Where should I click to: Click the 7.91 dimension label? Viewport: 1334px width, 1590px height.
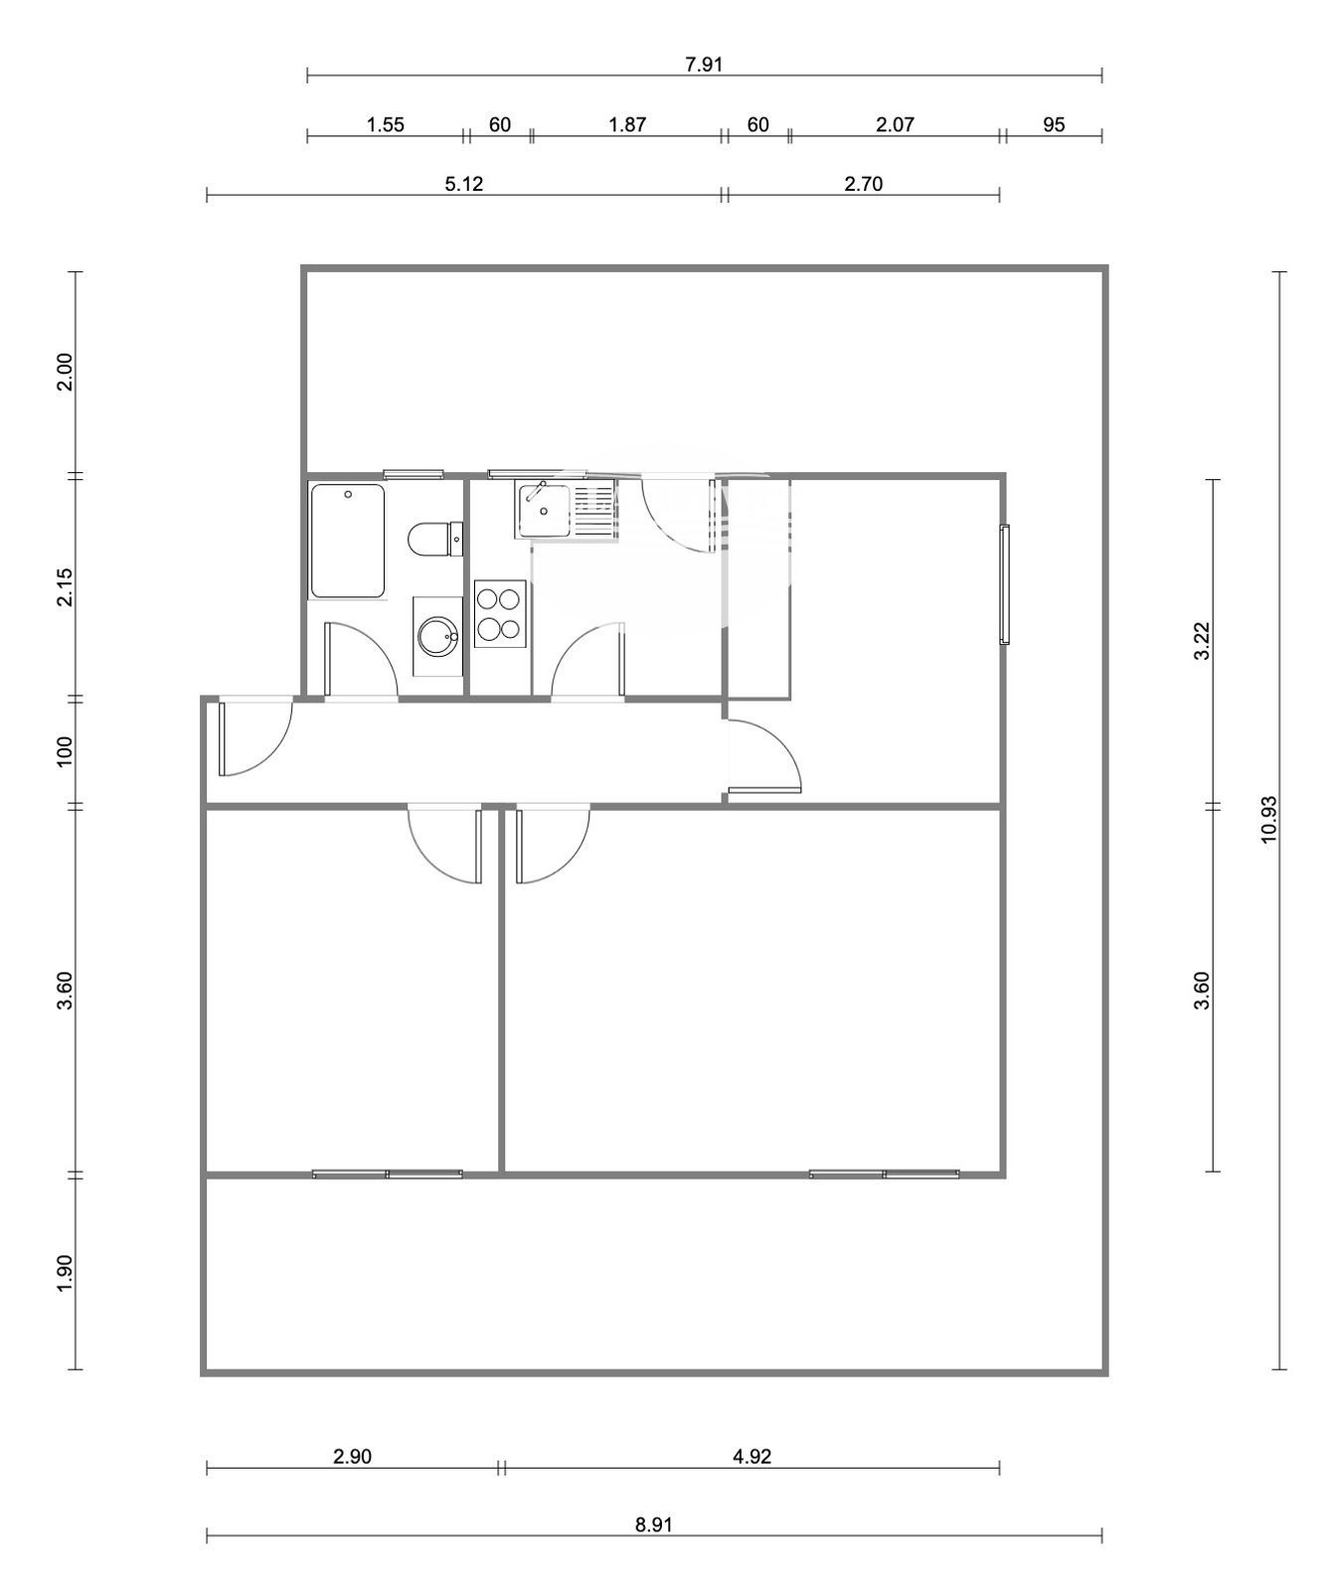[704, 65]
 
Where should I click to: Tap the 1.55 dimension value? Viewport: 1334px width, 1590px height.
[386, 124]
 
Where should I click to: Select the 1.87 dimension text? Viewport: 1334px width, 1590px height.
[627, 124]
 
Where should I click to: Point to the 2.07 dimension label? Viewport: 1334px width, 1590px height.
[895, 124]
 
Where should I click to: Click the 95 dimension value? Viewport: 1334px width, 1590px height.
[1054, 124]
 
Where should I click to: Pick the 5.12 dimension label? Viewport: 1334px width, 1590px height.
[463, 184]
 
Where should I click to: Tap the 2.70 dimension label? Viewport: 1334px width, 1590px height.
[863, 184]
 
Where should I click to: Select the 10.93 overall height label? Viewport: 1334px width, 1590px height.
[1269, 820]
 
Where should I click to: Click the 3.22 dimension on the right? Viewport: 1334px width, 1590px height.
[1202, 641]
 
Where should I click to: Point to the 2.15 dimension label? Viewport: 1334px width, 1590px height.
[65, 587]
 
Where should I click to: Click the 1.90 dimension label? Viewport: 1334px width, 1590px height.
[65, 1274]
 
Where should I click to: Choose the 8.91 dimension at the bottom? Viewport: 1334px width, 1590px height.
[654, 1524]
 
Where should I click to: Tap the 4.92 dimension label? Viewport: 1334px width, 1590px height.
[751, 1457]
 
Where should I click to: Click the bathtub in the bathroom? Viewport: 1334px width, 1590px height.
[347, 541]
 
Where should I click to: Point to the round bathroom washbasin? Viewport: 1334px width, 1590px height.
[437, 637]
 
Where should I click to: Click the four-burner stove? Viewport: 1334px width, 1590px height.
[499, 614]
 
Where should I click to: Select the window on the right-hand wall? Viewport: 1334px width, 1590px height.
[1004, 584]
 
